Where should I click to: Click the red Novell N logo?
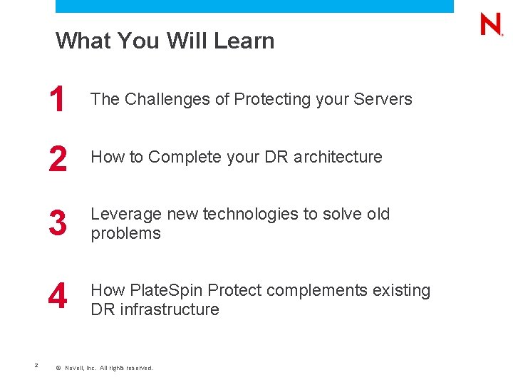pyautogui.click(x=491, y=25)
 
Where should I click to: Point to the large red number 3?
pyautogui.click(x=58, y=224)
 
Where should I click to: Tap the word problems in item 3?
pyautogui.click(x=125, y=234)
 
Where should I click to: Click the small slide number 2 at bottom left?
pyautogui.click(x=36, y=366)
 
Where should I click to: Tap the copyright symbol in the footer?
pyautogui.click(x=58, y=368)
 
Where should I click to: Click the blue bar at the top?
pyautogui.click(x=254, y=6)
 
